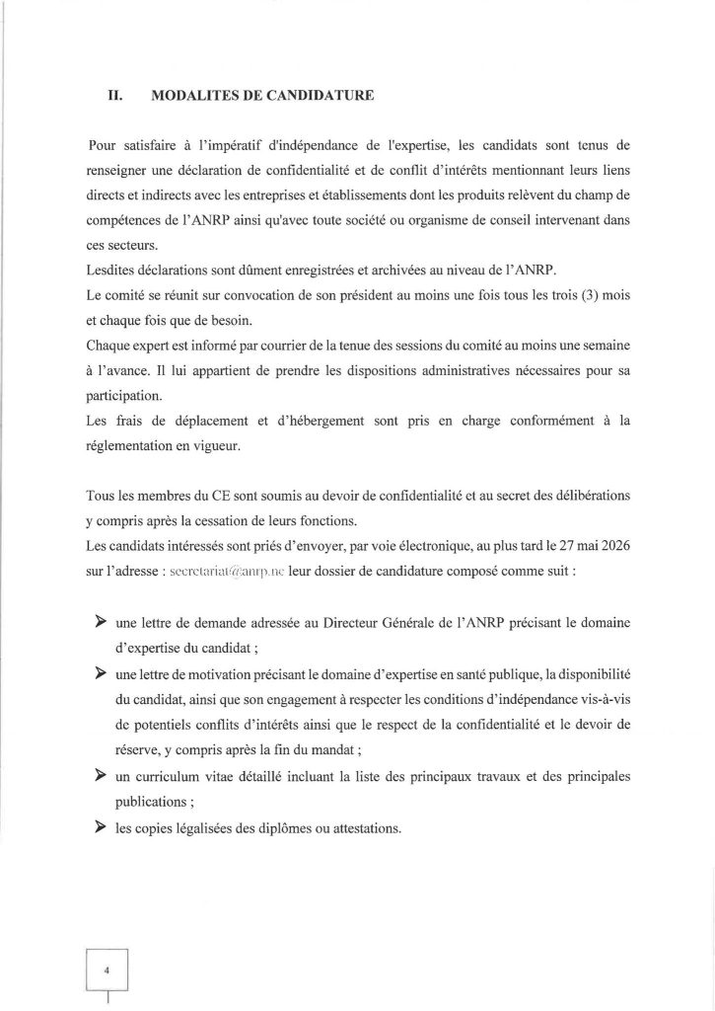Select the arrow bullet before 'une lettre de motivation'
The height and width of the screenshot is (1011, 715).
pyautogui.click(x=99, y=672)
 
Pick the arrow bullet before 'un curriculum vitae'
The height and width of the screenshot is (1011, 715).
pyautogui.click(x=99, y=776)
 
